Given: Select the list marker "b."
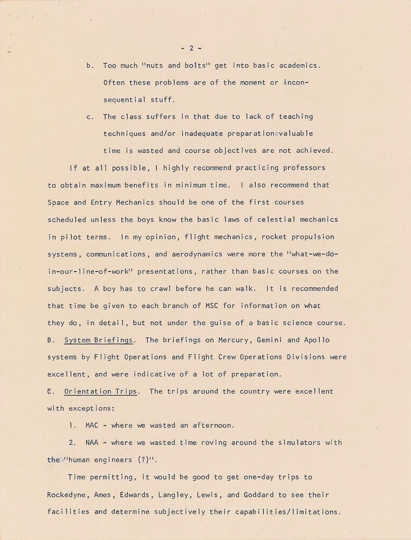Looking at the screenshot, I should click(90, 66).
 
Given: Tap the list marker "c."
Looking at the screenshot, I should click(90, 117).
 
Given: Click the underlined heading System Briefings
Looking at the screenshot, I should click(98, 340).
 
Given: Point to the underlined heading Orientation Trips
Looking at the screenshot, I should click(100, 391).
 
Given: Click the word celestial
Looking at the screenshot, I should click(275, 219).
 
